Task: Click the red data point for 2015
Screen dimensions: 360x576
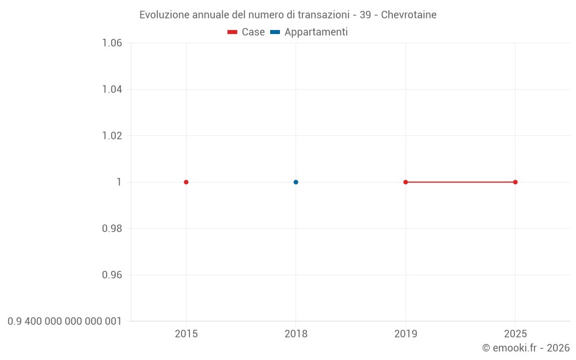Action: [x=186, y=182]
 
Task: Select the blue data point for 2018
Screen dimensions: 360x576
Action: [x=296, y=182]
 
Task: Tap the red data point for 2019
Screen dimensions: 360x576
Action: [x=406, y=182]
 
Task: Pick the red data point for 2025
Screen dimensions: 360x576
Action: [x=516, y=182]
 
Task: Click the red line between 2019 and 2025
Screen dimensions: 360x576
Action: [x=461, y=182]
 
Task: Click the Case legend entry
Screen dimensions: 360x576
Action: [x=247, y=32]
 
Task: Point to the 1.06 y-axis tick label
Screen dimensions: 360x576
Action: [x=112, y=43]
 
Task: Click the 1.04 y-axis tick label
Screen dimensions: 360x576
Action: [x=112, y=89]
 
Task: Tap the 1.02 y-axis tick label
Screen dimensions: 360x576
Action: [x=112, y=135]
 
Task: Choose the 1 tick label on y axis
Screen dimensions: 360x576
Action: [x=119, y=182]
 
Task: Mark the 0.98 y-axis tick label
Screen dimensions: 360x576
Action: [x=112, y=229]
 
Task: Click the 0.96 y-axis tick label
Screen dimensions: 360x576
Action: [x=112, y=275]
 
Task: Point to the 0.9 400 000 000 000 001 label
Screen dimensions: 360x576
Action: [x=65, y=321]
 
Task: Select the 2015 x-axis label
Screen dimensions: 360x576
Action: [x=186, y=334]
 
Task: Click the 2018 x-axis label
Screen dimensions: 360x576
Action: [x=296, y=334]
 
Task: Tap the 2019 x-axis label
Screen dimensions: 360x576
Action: [x=406, y=334]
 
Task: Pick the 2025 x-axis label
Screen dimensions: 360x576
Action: [x=516, y=334]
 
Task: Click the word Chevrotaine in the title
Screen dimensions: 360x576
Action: [x=408, y=15]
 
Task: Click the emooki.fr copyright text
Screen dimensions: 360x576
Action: [x=526, y=348]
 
